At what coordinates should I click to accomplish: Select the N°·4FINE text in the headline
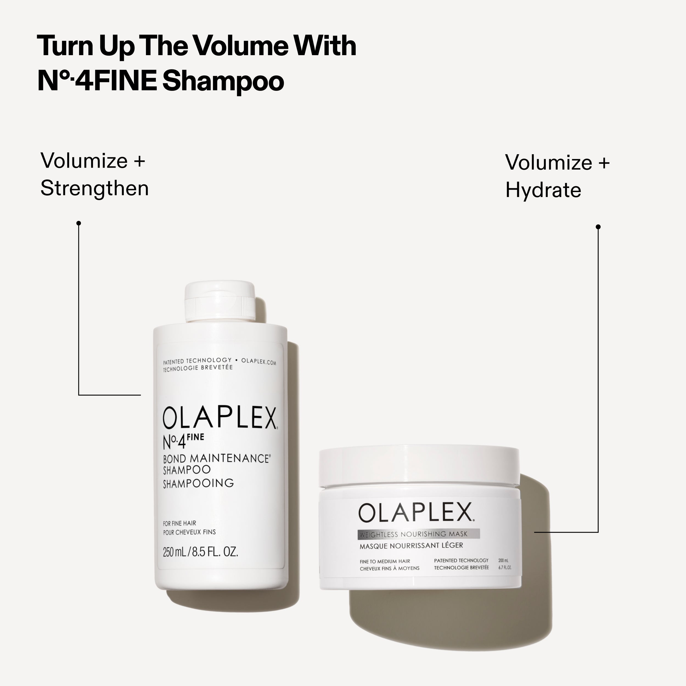(x=97, y=81)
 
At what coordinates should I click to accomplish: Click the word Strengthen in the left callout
(x=94, y=188)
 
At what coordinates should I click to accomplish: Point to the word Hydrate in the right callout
(x=543, y=190)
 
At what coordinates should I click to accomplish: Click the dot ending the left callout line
(x=79, y=223)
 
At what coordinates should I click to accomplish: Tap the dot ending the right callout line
(x=598, y=227)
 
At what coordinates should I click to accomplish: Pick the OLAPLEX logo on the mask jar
(x=415, y=512)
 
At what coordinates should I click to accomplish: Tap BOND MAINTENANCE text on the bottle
(x=216, y=459)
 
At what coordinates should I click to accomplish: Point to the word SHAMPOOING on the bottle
(x=198, y=483)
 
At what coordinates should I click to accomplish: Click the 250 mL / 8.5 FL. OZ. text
(x=200, y=552)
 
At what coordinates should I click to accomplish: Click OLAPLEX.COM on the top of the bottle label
(x=258, y=362)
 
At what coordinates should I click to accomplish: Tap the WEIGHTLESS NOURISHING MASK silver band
(x=419, y=534)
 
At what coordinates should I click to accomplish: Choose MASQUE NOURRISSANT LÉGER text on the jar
(x=411, y=546)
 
